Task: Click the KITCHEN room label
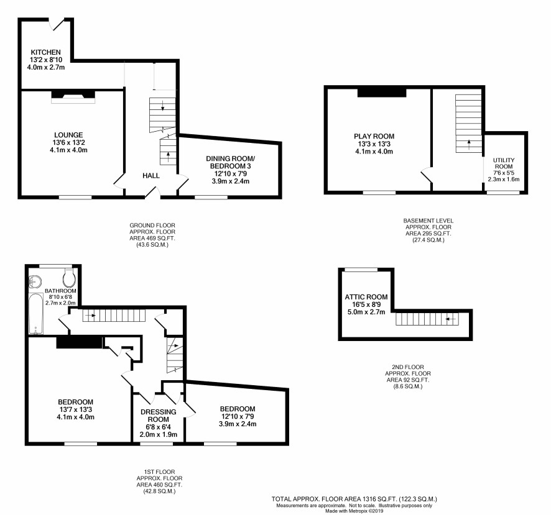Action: (x=45, y=52)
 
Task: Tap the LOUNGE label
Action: (x=68, y=135)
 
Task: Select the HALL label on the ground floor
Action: (x=151, y=176)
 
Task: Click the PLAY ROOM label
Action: (x=374, y=136)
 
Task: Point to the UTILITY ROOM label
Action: (x=504, y=163)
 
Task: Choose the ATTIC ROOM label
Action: (x=366, y=297)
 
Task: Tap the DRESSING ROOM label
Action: (x=159, y=416)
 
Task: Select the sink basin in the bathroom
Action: (x=35, y=281)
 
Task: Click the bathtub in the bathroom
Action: (x=35, y=314)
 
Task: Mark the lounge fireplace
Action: (x=73, y=97)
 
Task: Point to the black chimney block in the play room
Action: (x=382, y=93)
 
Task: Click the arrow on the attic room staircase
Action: (x=451, y=319)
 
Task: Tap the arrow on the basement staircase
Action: (x=469, y=144)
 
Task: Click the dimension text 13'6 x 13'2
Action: (x=68, y=142)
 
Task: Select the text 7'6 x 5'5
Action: (x=504, y=173)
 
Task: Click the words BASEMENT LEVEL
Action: (x=428, y=221)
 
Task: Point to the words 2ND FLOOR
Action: (x=408, y=367)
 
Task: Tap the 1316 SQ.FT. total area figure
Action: (x=382, y=499)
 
